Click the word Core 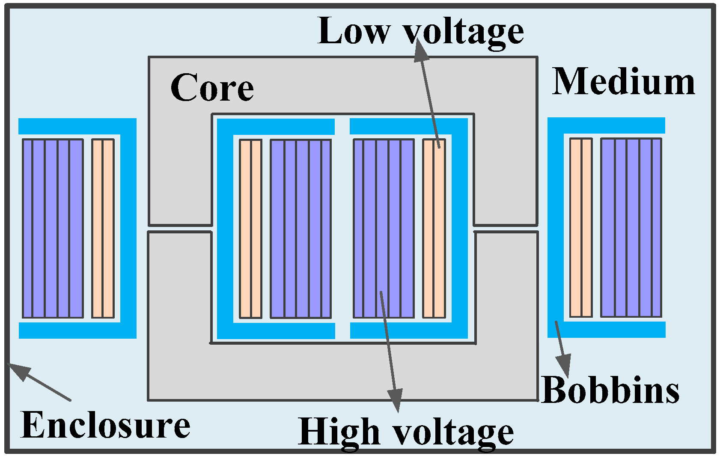click(x=212, y=88)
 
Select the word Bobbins click(x=610, y=390)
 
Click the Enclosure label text click(x=105, y=425)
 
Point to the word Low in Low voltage click(x=354, y=31)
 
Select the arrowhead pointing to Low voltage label click(x=421, y=51)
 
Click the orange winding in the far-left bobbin click(x=103, y=228)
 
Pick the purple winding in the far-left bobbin click(x=53, y=228)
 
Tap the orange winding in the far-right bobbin click(x=581, y=227)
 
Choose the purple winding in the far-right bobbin click(x=631, y=227)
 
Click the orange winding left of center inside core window click(x=250, y=228)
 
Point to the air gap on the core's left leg click(x=180, y=229)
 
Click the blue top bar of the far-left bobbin click(x=77, y=126)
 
